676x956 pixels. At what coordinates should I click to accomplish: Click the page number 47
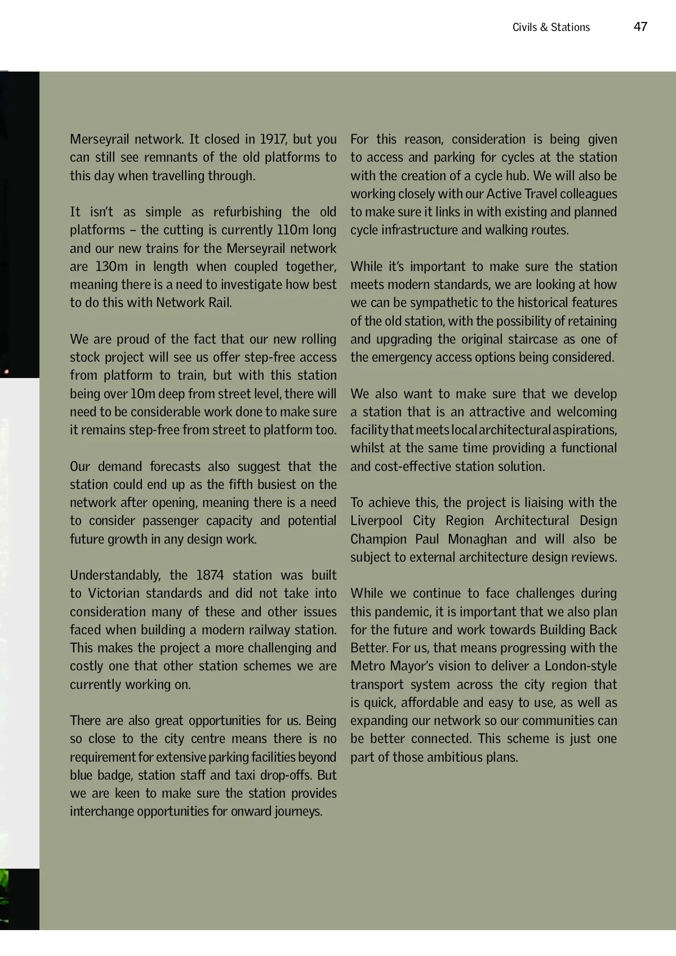click(641, 26)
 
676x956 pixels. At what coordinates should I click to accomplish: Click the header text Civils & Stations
click(551, 27)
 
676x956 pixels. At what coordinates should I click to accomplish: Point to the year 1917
click(273, 139)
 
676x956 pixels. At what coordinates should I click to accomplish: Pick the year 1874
click(210, 575)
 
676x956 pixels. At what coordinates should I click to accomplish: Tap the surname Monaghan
click(477, 539)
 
